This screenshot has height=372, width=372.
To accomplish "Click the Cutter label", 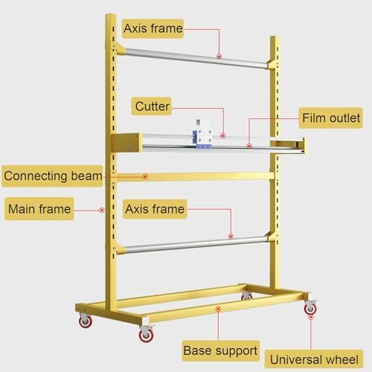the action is click(152, 106).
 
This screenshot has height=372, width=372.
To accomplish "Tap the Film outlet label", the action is click(331, 118).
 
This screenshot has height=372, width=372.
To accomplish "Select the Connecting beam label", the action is click(52, 176).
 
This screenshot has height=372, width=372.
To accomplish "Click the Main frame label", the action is click(39, 209).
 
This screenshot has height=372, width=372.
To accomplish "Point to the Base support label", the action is click(221, 350).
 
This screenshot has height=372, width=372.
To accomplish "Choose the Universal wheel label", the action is click(314, 359).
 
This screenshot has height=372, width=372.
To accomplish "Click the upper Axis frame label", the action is click(153, 28).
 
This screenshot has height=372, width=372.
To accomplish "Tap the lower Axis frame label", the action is click(155, 209).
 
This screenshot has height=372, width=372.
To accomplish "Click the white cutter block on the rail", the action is click(202, 134).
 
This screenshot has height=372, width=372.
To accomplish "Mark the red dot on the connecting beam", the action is click(145, 176).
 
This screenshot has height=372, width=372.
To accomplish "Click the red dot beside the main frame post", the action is click(101, 210).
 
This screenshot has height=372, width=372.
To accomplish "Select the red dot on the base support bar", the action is click(218, 309).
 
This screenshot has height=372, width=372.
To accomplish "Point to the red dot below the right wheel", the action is click(311, 317).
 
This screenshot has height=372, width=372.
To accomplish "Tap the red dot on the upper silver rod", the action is click(219, 57).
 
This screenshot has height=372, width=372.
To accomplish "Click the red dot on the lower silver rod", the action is click(231, 237).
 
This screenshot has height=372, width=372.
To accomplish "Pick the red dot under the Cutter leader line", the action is click(223, 135).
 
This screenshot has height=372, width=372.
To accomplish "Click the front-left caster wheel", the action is click(147, 334).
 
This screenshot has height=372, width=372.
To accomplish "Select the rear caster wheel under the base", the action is click(246, 295).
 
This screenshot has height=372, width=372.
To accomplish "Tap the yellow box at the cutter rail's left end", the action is click(126, 143).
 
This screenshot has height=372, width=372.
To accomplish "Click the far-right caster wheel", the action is click(310, 307).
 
